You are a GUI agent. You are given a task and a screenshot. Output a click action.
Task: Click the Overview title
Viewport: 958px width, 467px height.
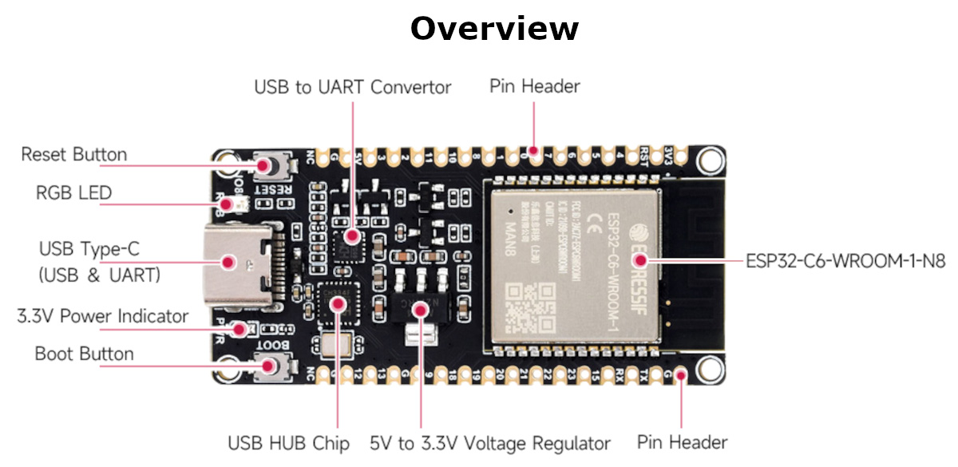click(x=494, y=29)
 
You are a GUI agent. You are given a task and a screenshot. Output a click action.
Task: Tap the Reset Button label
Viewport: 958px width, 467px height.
click(x=73, y=154)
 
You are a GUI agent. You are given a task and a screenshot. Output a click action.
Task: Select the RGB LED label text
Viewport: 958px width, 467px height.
click(x=73, y=192)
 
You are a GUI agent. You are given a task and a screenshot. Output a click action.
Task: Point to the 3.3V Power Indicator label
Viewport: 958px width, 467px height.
click(x=103, y=316)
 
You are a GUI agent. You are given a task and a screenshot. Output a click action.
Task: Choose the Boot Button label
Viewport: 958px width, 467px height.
click(x=84, y=354)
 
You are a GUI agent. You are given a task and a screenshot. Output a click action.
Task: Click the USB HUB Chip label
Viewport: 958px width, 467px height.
click(x=288, y=443)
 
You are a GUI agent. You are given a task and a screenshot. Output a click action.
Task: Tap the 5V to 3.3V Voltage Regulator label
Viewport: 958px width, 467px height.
click(x=490, y=443)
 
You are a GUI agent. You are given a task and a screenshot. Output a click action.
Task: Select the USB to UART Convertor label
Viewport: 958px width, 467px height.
click(x=352, y=87)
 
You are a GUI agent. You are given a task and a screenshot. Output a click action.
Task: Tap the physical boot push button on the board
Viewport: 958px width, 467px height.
click(x=269, y=366)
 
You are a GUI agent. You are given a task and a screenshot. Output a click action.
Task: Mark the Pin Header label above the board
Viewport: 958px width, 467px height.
click(x=534, y=86)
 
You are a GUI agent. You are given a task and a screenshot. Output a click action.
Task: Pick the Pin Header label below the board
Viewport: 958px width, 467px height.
click(x=682, y=441)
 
